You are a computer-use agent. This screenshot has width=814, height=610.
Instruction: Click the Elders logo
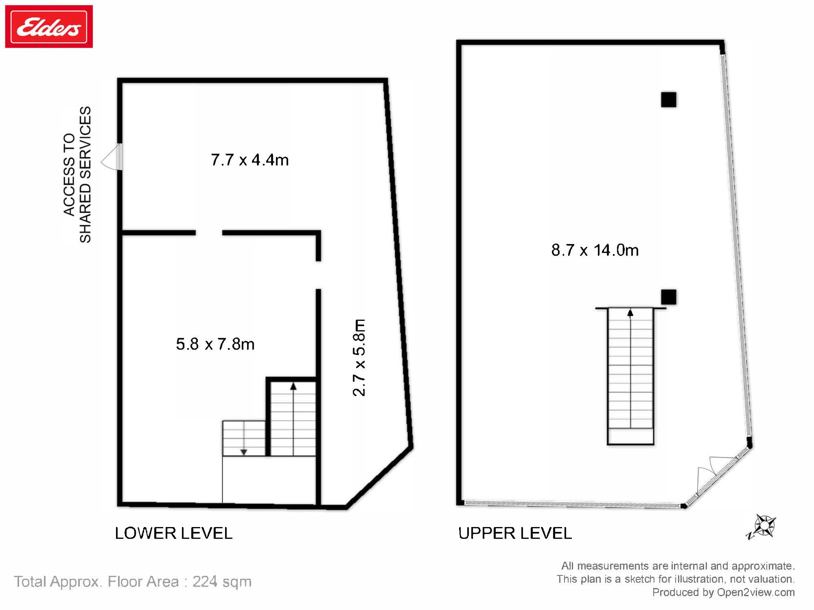49,27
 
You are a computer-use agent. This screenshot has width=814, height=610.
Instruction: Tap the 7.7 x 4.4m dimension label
249,160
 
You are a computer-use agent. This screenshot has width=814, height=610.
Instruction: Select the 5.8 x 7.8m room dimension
215,344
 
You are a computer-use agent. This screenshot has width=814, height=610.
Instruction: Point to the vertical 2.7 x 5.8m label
359,358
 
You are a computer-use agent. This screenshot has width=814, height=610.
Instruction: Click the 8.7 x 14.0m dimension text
595,250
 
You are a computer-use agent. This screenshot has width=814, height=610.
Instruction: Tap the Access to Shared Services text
77,175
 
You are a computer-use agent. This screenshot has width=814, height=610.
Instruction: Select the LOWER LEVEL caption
173,533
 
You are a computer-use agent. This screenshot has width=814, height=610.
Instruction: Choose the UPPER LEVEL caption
515,533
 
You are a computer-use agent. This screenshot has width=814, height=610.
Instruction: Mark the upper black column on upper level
668,100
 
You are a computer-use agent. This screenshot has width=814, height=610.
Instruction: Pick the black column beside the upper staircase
668,297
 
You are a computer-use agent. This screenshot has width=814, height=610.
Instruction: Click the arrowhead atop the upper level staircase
630,313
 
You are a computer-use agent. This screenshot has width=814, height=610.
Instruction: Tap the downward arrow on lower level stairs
243,451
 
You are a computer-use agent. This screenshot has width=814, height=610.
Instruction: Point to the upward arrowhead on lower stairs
293,386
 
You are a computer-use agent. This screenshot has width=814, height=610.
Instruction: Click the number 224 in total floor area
206,582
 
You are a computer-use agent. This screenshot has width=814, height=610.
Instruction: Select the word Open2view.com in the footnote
755,592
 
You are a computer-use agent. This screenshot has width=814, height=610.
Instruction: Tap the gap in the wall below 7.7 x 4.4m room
209,233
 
